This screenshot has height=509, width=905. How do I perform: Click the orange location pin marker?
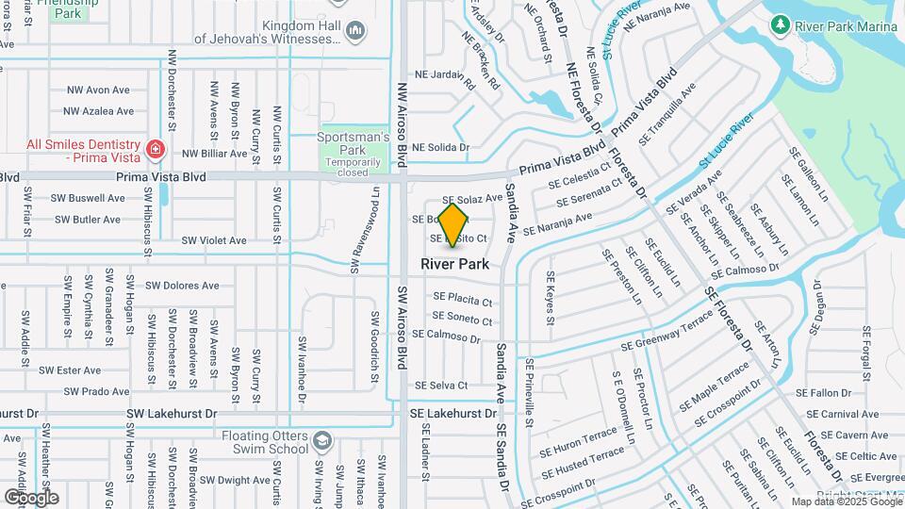pos(453,224)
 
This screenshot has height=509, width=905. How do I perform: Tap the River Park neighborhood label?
pos(454,264)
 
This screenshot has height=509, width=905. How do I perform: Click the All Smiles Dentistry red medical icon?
pos(156,149)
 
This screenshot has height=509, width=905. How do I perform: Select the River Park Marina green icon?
pos(780,24)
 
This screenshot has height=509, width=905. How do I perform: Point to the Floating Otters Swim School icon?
pos(322,441)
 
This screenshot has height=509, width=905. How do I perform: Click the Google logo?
pos(31,497)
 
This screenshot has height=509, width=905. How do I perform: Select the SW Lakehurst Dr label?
pos(171,413)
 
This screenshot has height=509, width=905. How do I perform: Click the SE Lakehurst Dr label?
pos(452,413)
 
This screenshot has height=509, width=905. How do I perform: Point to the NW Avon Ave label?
pos(98,90)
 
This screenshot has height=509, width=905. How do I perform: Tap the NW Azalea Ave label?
pos(99,111)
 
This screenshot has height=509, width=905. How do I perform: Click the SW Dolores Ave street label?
pos(182,286)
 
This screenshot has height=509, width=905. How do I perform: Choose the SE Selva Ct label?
pos(441,385)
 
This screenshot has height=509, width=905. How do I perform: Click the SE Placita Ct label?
pos(463,299)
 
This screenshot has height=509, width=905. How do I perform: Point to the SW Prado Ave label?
pos(93,391)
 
